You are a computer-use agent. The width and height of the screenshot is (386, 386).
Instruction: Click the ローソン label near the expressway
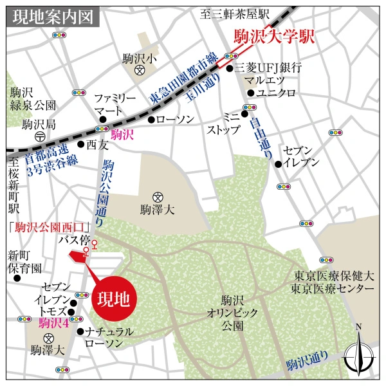pos(170,119)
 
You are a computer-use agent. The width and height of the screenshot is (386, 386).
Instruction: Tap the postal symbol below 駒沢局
pos(40,136)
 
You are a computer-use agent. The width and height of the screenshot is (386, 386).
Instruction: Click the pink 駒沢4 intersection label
pos(54,323)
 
